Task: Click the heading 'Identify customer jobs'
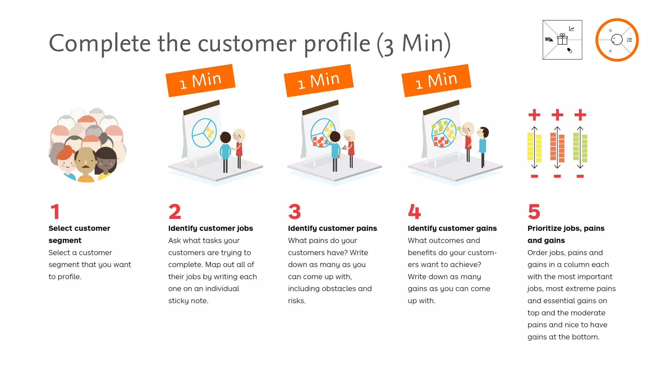[210, 228]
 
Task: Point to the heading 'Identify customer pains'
[332, 228]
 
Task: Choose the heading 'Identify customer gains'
[452, 228]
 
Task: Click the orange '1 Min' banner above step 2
[200, 80]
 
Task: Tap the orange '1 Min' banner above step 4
[436, 80]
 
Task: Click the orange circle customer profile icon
[617, 40]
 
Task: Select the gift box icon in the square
[562, 39]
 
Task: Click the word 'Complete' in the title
[100, 43]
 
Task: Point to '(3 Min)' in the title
[414, 44]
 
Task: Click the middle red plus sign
[557, 115]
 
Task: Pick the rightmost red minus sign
[580, 176]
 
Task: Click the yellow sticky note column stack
[534, 147]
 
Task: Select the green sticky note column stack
[580, 147]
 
